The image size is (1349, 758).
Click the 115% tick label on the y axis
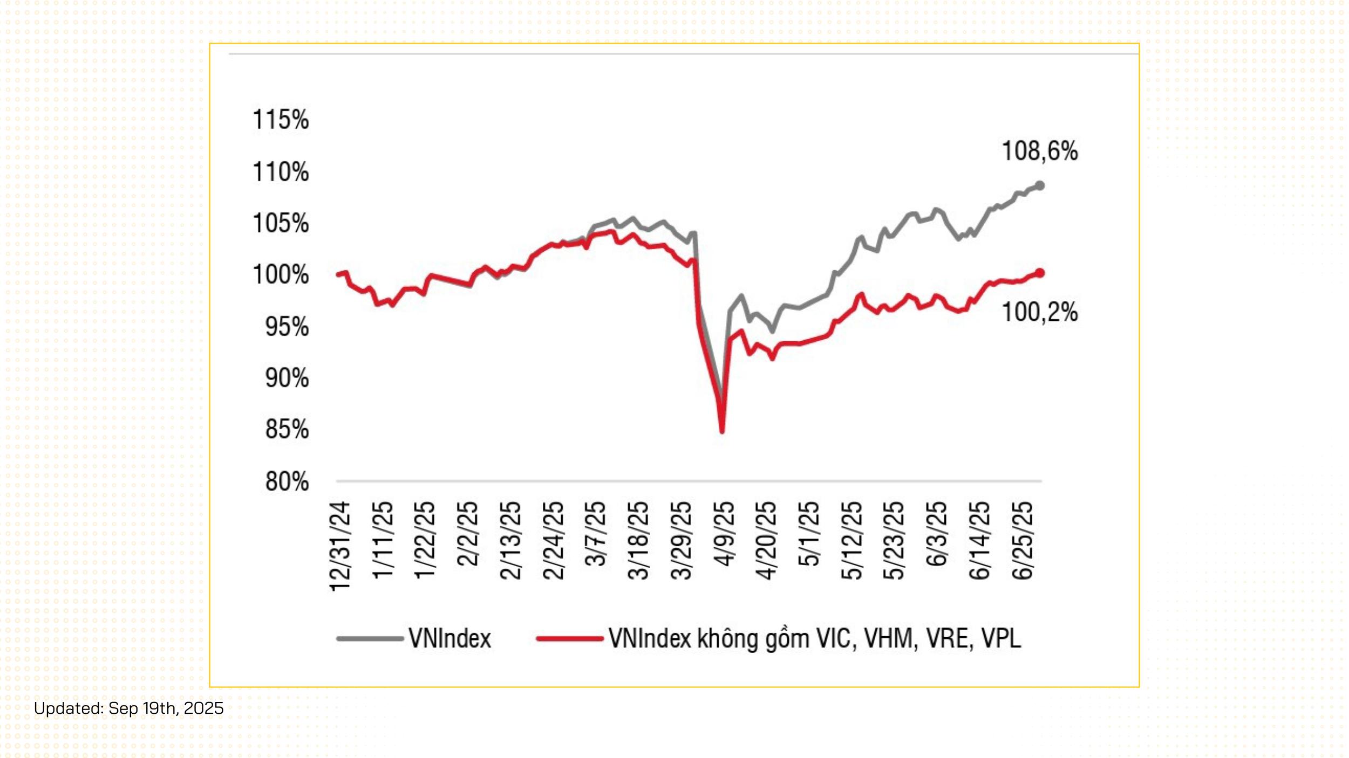point(281,120)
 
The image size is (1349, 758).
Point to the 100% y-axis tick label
point(281,275)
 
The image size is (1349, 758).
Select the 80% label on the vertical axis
point(287,481)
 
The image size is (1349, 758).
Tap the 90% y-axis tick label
point(287,378)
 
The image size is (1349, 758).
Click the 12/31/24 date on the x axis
point(340,547)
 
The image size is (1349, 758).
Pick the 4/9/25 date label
point(724,534)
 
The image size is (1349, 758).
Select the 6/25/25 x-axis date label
point(1023,541)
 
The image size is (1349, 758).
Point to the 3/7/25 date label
point(596,534)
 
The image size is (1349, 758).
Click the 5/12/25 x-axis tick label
point(852,541)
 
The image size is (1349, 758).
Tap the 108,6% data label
point(1040,151)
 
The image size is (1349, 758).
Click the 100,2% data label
point(1040,313)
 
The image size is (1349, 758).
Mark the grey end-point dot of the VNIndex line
point(1040,186)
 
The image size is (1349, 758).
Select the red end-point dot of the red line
point(1040,273)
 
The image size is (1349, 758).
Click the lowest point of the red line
point(722,431)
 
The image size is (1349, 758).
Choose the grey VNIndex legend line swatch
point(370,639)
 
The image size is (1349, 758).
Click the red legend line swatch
point(570,639)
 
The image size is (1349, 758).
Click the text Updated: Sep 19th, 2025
point(129,708)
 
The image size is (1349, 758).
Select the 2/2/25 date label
point(468,534)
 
